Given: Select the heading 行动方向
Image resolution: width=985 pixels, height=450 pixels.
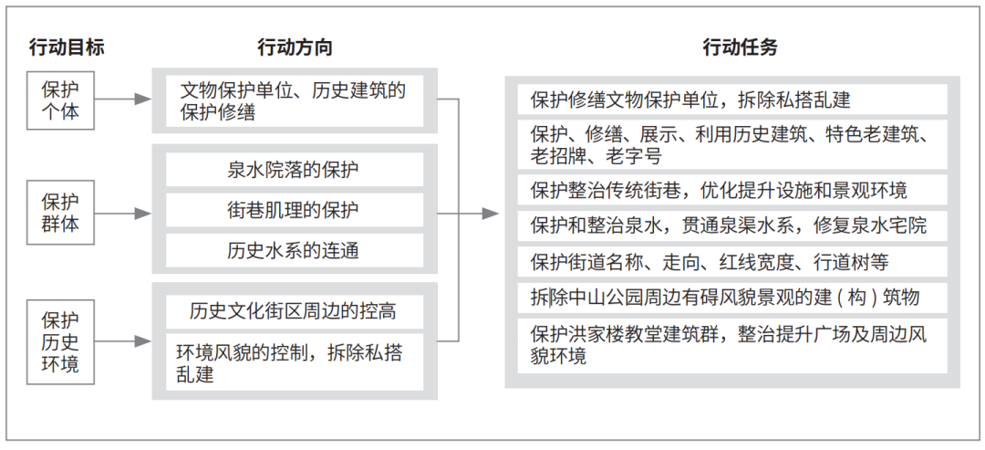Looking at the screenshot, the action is tap(295, 47).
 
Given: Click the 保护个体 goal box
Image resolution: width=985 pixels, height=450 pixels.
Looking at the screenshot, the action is tap(60, 100).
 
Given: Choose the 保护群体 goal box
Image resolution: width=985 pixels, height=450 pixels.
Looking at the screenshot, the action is tap(60, 213).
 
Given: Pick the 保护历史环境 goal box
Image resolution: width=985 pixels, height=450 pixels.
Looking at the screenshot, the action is tap(60, 342).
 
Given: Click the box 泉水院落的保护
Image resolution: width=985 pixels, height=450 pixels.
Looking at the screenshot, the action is tap(294, 169).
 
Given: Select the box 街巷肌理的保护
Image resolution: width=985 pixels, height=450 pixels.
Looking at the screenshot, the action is tap(294, 210).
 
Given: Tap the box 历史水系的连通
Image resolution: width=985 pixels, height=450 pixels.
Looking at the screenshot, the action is tap(294, 251).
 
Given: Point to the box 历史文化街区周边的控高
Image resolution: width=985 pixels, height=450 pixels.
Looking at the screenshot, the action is tap(294, 310).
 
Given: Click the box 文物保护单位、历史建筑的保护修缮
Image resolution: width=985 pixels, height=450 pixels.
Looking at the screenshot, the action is tap(294, 100).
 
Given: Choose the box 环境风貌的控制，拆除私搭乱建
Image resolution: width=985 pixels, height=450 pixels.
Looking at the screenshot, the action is tap(294, 362).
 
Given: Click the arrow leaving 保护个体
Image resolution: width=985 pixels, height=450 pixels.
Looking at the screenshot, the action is tap(124, 99).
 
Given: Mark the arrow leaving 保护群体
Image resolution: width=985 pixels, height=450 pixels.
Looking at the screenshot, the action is tap(124, 213).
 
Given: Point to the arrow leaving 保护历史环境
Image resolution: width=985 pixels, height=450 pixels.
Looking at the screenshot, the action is tap(124, 341).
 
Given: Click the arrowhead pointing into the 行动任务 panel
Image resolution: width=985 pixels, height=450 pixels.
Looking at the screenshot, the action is tap(491, 214).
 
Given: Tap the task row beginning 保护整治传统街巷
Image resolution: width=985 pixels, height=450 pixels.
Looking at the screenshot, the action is tap(732, 189).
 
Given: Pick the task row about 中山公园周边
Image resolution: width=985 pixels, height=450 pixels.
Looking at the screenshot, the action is tap(732, 298).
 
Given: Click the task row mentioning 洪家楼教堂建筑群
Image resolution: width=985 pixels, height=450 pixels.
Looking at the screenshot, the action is tap(732, 346).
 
